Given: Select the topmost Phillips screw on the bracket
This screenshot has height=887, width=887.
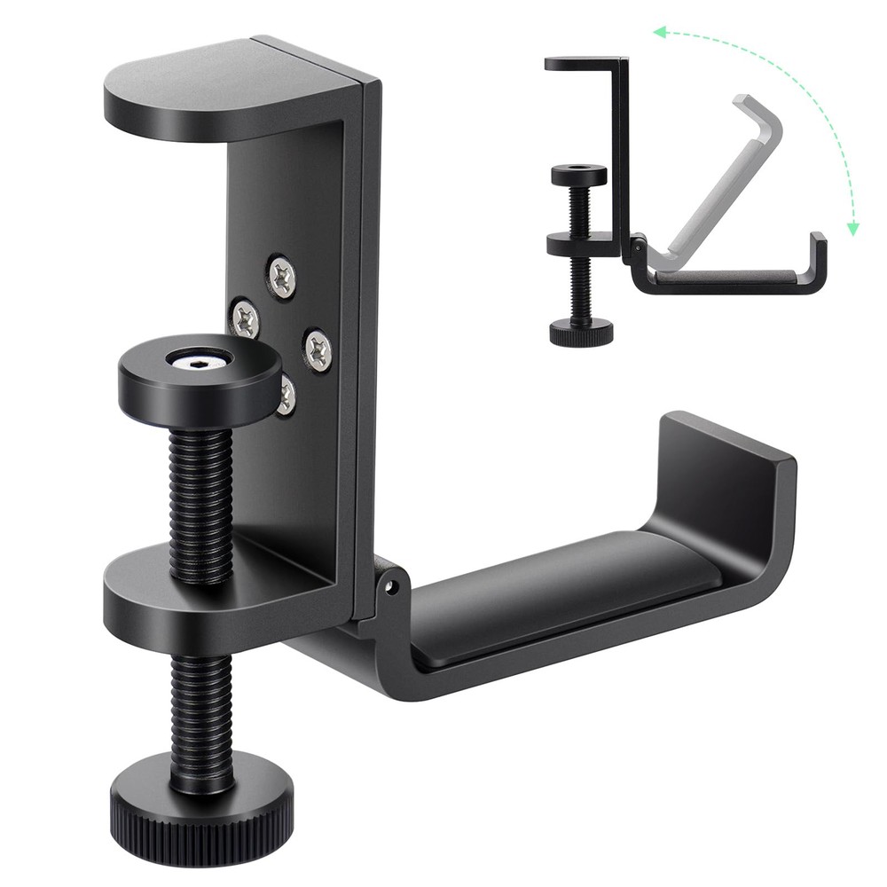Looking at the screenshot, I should coord(282,275).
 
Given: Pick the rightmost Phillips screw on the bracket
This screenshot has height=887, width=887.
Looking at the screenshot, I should coord(318,349).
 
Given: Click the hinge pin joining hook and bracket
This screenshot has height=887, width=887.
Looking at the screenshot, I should coord(390,585).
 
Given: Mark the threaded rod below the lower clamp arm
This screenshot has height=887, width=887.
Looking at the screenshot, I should coord(196,701).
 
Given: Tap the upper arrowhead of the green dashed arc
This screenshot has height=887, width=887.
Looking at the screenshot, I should coord(657,33).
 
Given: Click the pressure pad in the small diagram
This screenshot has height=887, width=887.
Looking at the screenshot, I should coord(578,175).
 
